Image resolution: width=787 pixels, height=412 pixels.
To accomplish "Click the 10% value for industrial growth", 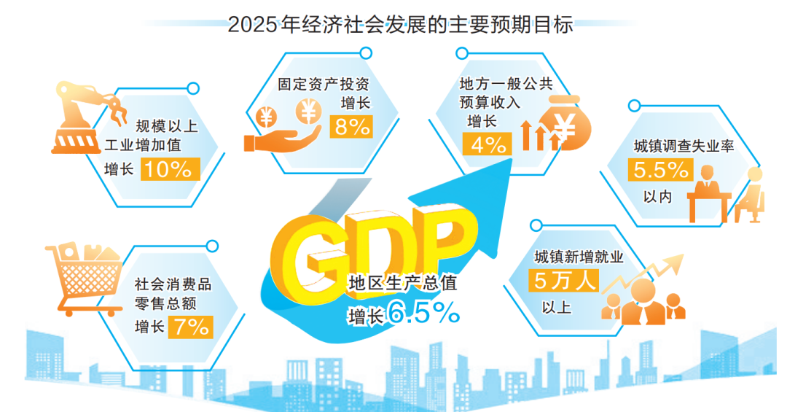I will coord(168,169).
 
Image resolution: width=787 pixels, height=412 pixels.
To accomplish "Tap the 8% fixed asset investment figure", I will coord(351,126).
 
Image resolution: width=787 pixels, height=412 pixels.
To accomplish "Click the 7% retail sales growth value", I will coord(191,326).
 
